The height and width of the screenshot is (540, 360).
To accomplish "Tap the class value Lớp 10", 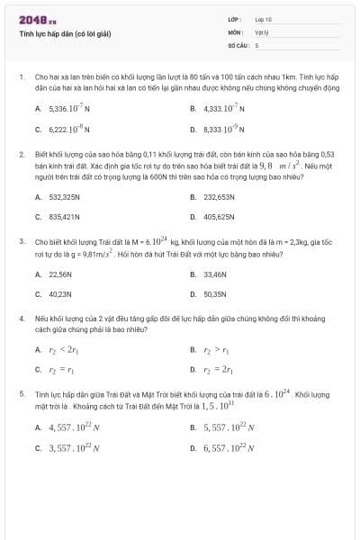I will click(x=263, y=19).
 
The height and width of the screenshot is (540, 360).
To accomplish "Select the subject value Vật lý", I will click(x=261, y=31).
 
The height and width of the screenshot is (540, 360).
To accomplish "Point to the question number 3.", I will click(x=21, y=241).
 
